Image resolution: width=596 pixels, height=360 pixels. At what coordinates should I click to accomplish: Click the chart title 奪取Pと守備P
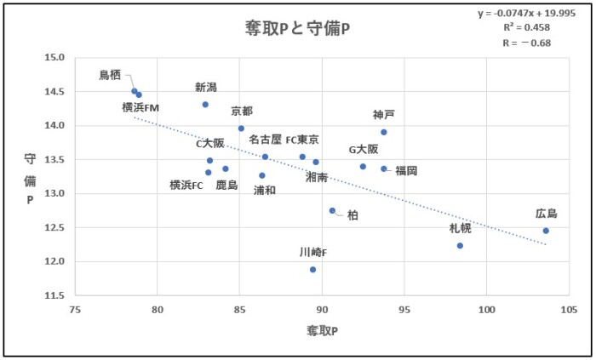coord(298,29)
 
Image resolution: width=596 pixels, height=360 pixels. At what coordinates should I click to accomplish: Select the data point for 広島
coord(546,231)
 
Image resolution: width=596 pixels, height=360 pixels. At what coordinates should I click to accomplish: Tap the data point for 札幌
coord(460,246)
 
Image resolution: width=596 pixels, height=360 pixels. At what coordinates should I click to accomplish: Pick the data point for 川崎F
coord(313,270)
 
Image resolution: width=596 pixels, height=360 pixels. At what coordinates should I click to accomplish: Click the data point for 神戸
coord(384,132)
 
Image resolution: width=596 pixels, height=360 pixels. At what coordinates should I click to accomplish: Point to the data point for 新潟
coord(205,105)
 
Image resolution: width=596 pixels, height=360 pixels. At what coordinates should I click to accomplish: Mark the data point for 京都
coord(241,129)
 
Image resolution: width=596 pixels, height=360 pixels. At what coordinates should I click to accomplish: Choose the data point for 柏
coord(333,211)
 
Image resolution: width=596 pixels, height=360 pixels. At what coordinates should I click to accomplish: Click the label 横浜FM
coord(140,107)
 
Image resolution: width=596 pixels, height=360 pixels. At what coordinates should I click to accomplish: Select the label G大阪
coord(364,149)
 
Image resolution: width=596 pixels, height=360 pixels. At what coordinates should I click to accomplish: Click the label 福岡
coord(406,170)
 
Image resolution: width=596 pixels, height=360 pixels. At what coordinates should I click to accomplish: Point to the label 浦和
coord(264,190)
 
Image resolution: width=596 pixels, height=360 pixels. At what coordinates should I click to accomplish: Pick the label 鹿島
coord(226,184)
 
